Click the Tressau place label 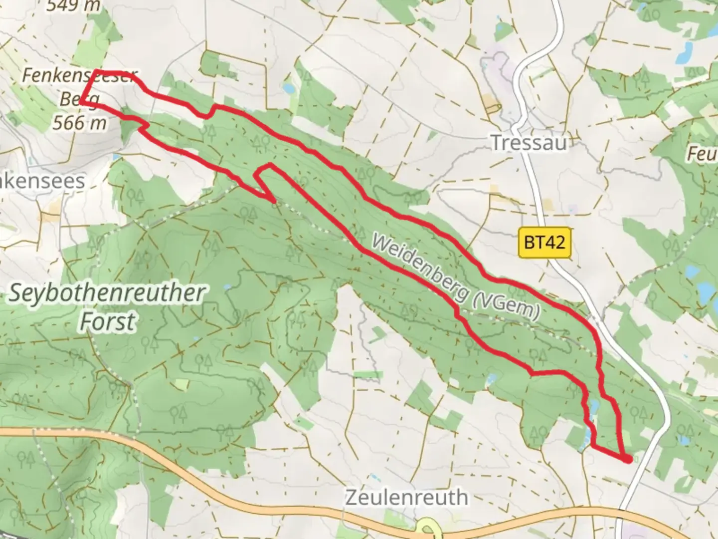point(529,143)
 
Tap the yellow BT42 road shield point(544,243)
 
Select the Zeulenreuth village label point(406,498)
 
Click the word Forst point(107,322)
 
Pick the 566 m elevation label point(80,122)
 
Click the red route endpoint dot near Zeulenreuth point(627,459)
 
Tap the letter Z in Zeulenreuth point(351,498)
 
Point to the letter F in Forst point(86,322)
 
